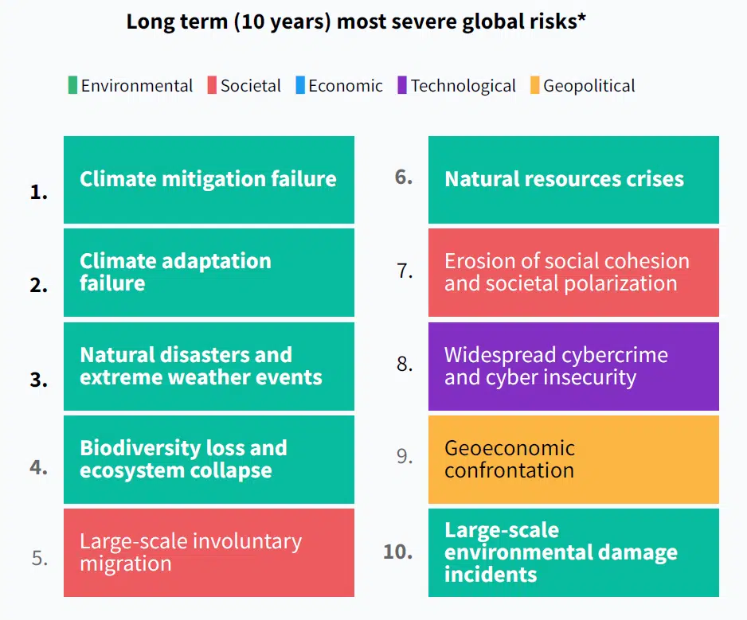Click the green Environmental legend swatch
point(72,86)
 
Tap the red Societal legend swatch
point(212,86)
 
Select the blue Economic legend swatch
point(299,86)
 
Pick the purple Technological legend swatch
point(402,86)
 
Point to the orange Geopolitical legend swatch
point(534,86)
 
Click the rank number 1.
point(39,192)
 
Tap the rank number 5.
point(40,558)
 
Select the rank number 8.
point(405,364)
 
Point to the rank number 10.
point(398,552)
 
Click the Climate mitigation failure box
point(209,180)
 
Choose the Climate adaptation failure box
point(209,272)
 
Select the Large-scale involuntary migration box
point(209,552)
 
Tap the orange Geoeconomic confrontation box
point(573,459)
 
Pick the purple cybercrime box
point(573,366)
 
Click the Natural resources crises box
point(573,180)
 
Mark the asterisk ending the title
point(582,19)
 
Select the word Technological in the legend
point(463,86)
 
